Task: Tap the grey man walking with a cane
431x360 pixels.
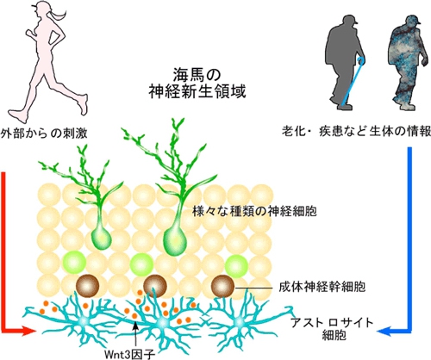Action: pyautogui.click(x=343, y=63)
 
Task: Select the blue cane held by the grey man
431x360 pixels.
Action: pyautogui.click(x=351, y=81)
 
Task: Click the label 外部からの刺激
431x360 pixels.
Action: pyautogui.click(x=44, y=133)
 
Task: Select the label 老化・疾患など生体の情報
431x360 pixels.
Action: pyautogui.click(x=356, y=132)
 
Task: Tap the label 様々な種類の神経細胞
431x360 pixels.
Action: pyautogui.click(x=254, y=212)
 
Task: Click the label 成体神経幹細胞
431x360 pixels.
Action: pyautogui.click(x=322, y=287)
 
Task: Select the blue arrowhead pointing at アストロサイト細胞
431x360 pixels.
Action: pyautogui.click(x=384, y=332)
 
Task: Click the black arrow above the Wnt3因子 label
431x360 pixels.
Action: pyautogui.click(x=135, y=335)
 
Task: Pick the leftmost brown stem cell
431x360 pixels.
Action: pyautogui.click(x=88, y=286)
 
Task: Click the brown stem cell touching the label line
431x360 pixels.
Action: pyautogui.click(x=222, y=286)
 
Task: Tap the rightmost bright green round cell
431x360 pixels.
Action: pyautogui.click(x=236, y=265)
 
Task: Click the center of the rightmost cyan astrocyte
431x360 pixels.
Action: pyautogui.click(x=239, y=323)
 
